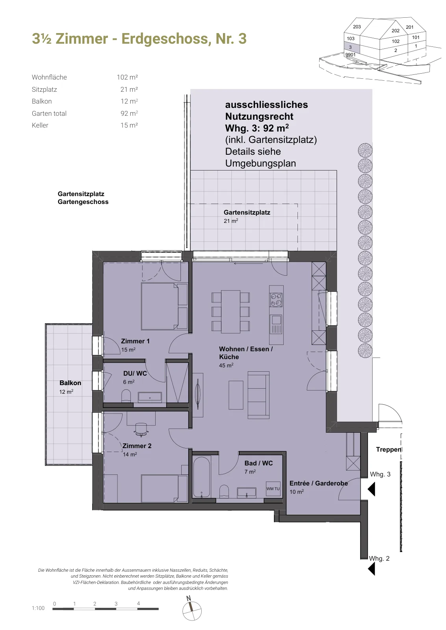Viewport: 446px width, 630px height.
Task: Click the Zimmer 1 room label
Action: click(135, 341)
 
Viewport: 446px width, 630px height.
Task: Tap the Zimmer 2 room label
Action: click(137, 446)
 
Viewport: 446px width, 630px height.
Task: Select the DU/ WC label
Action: click(135, 373)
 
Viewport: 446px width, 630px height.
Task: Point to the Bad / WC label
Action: click(258, 463)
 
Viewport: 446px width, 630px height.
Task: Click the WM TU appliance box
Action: click(273, 489)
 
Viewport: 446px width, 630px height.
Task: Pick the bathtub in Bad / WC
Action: click(201, 477)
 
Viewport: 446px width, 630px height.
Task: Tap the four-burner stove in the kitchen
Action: click(276, 300)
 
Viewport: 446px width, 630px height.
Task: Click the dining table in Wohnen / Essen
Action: click(230, 311)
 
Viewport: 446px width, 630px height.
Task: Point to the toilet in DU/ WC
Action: click(126, 395)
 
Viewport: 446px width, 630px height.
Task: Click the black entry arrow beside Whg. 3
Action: click(372, 489)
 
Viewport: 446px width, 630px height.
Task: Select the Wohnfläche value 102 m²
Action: click(127, 77)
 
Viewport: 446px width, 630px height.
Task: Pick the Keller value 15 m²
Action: click(129, 125)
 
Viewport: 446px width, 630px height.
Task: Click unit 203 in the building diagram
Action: click(357, 27)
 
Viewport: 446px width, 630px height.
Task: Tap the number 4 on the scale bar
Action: click(138, 603)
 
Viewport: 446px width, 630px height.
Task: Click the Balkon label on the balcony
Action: click(70, 383)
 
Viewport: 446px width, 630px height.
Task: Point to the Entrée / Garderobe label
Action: click(318, 483)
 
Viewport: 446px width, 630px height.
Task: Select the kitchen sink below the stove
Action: click(276, 324)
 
